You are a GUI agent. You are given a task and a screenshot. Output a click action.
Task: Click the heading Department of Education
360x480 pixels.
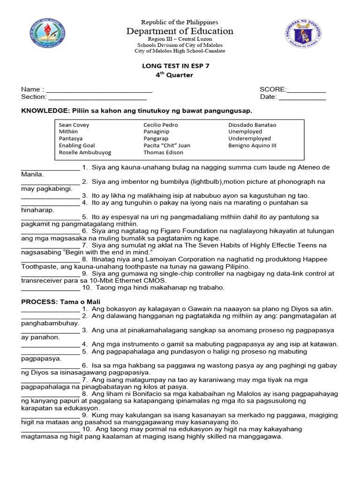180,31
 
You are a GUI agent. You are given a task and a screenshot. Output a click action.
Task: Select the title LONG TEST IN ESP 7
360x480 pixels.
176,66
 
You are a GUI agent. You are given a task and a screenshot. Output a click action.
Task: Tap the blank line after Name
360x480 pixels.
99,90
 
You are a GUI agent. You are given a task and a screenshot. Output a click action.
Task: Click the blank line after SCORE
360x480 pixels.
306,90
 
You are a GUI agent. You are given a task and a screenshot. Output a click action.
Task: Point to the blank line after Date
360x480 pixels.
302,97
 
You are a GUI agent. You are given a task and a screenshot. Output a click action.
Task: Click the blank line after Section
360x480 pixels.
97,97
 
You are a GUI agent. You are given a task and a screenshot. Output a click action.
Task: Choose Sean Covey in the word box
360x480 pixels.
74,125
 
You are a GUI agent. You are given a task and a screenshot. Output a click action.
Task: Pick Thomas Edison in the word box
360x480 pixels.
163,152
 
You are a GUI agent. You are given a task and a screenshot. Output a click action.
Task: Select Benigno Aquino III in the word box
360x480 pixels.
252,145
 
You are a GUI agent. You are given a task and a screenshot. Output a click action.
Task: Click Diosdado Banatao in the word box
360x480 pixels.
252,125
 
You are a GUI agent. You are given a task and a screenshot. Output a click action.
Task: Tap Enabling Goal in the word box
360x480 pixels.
77,145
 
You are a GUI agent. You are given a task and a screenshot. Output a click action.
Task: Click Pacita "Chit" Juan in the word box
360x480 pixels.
167,145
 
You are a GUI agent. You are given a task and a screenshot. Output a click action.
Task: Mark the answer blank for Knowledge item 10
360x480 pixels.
51,287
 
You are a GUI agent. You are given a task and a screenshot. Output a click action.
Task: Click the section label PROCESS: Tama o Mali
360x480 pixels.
61,302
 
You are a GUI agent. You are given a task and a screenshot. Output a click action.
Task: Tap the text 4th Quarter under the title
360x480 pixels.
174,75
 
